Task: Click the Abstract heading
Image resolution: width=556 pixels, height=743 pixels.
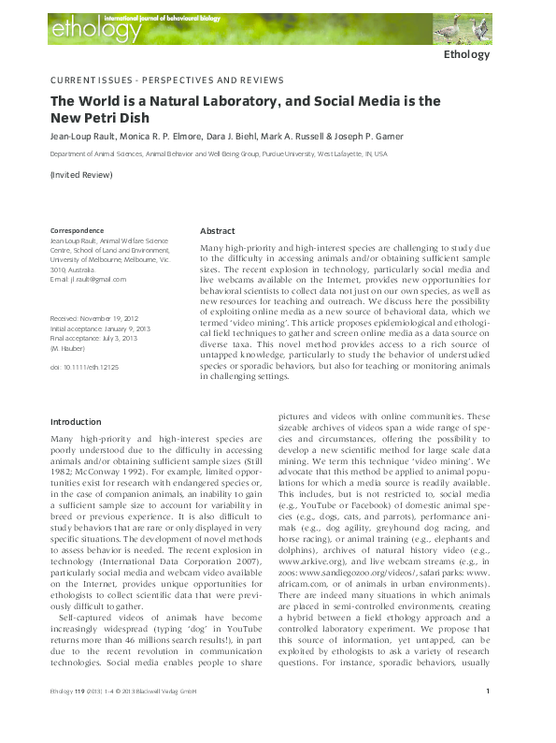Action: coord(217,230)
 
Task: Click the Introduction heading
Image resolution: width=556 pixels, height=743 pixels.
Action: coord(76,422)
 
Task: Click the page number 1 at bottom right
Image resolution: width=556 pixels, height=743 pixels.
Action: coord(488,718)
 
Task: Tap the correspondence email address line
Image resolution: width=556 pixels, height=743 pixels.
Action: coord(88,279)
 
